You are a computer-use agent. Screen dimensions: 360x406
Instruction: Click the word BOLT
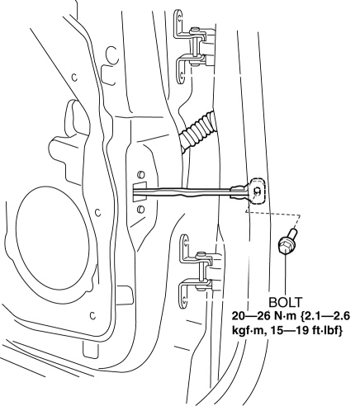coord(285,303)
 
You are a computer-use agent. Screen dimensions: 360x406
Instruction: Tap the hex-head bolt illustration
coord(287,241)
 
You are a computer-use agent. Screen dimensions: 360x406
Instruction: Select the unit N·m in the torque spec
coord(286,316)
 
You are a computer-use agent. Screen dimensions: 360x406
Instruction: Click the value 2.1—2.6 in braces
coord(325,316)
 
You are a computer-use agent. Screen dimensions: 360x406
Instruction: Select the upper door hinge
coord(194,47)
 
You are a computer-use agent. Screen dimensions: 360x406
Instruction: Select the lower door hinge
coord(197,271)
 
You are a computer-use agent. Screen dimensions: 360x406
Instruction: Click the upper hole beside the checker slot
coord(140,174)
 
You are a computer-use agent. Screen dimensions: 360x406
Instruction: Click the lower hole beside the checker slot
coord(140,209)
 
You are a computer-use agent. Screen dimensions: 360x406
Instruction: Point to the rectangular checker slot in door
coord(140,191)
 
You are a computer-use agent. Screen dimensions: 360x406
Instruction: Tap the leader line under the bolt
coord(285,275)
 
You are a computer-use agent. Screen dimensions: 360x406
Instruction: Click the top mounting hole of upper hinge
coord(179,18)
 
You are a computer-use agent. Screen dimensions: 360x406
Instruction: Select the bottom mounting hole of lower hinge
coord(183,298)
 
